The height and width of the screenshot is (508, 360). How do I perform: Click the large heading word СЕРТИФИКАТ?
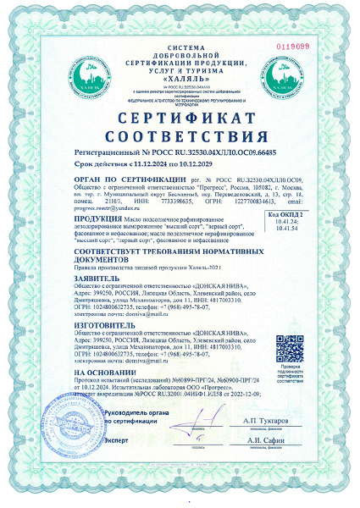[180, 118]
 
